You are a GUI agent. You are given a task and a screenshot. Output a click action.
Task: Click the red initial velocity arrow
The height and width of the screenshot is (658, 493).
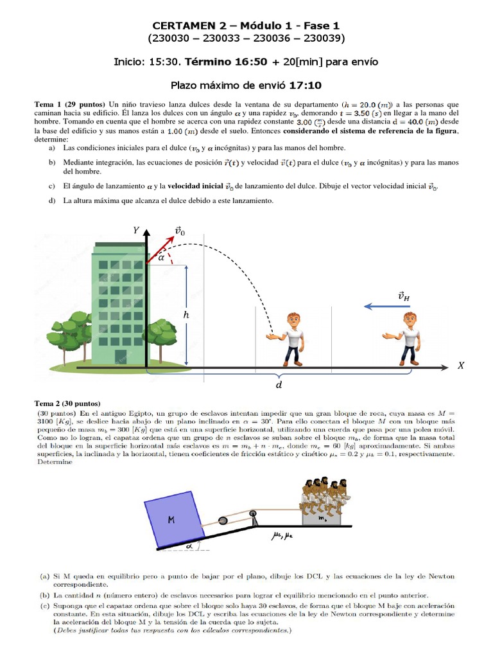[x=160, y=250]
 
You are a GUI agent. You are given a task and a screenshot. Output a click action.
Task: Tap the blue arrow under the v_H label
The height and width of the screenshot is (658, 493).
[x=387, y=307]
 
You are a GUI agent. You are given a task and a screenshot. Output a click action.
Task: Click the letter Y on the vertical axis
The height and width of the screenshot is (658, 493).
[x=136, y=230]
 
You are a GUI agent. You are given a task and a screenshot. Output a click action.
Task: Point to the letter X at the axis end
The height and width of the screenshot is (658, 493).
[x=461, y=366]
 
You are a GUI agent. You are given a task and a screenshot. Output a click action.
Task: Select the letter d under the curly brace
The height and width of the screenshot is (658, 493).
[x=279, y=384]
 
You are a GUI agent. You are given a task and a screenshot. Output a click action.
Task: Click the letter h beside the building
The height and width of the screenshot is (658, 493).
[x=186, y=314]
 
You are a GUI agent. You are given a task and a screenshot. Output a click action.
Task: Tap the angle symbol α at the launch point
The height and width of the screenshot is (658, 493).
[x=161, y=258]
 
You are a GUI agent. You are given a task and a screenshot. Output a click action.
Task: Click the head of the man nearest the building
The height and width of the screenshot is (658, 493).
[x=293, y=321]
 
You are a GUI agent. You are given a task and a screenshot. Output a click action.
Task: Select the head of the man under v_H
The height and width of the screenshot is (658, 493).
[x=410, y=321]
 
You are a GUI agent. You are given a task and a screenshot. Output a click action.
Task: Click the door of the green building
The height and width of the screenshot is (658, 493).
[x=120, y=356]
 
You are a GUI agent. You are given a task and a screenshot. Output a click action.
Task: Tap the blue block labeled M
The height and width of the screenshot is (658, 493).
[x=175, y=519]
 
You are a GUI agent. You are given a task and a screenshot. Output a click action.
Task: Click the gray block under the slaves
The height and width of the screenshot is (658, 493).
[x=322, y=519]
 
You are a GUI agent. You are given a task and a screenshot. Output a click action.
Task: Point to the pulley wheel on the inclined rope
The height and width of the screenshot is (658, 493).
[x=223, y=520]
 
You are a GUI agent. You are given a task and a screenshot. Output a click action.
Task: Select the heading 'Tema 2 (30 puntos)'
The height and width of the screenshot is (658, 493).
[x=67, y=404]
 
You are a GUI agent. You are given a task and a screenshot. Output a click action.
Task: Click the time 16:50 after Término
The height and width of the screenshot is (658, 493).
[x=251, y=62]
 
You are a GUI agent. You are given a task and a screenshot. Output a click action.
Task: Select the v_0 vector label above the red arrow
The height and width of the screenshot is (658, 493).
[x=180, y=231]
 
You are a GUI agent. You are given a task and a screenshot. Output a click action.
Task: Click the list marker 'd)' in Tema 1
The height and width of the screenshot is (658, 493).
[x=52, y=200]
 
